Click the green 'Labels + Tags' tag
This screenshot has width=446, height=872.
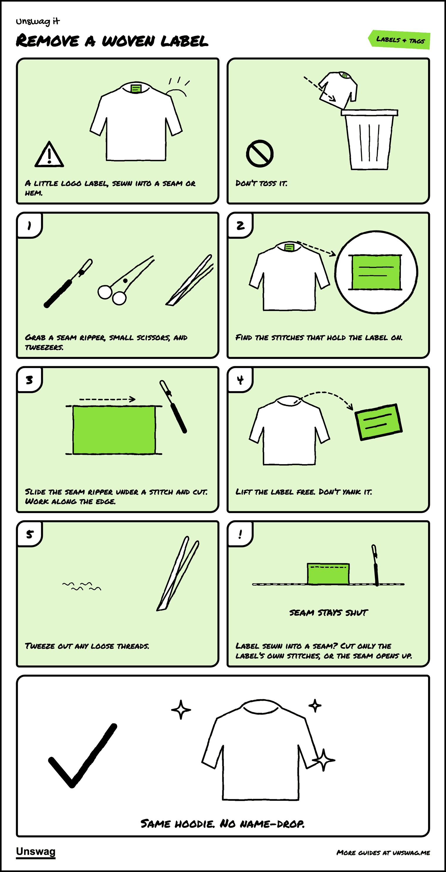point(400,40)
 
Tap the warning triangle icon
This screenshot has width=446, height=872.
point(49,154)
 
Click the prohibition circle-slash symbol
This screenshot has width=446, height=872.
point(260,153)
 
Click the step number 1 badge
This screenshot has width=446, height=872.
point(29,225)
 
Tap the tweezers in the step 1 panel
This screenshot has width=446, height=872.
point(190,280)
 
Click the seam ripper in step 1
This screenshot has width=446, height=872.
point(68,283)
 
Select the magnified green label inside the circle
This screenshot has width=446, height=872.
point(376,272)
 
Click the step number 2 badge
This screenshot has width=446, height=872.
point(240,225)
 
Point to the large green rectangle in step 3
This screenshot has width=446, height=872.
point(114,430)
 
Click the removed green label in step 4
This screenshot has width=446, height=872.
point(378,422)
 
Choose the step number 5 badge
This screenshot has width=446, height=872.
point(29,534)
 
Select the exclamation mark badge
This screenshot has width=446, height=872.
point(240,534)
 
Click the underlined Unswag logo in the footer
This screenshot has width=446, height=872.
point(36,852)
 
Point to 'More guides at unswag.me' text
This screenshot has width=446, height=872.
point(383,852)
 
